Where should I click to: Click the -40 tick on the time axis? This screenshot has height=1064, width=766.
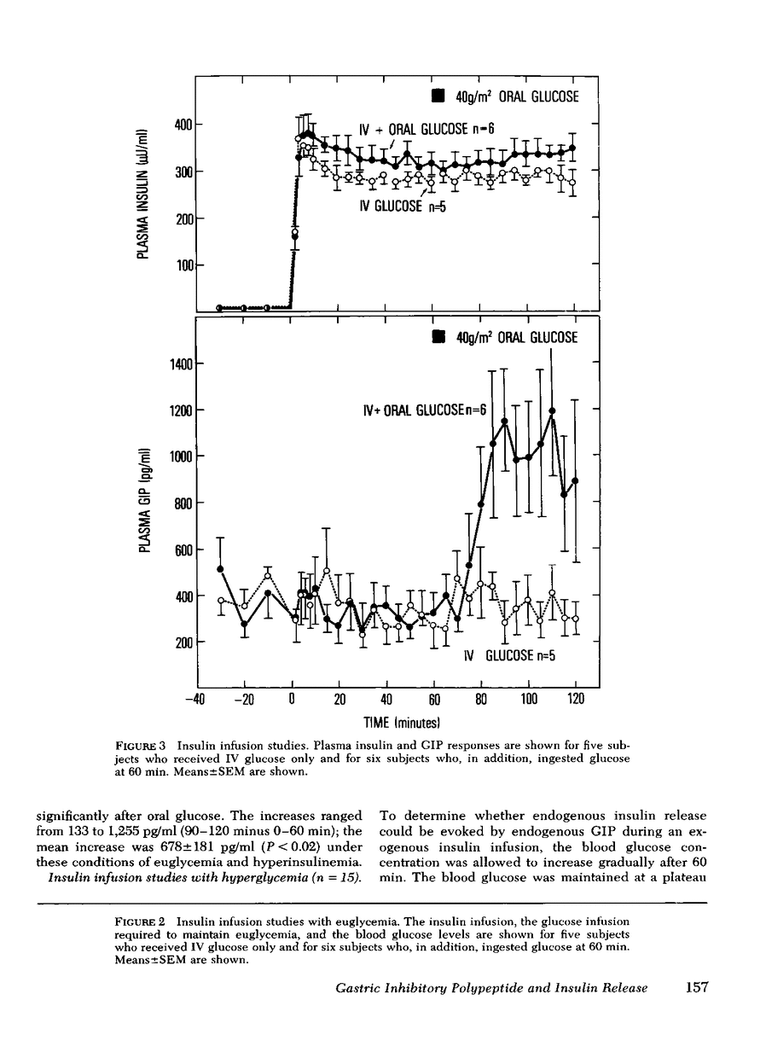pos(197,699)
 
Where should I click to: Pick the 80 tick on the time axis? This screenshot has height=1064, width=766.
pos(481,699)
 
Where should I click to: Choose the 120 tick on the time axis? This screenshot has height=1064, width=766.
pos(576,699)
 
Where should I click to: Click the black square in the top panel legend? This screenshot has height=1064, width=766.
pos(438,96)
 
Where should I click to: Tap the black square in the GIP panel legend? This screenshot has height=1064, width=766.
pos(438,337)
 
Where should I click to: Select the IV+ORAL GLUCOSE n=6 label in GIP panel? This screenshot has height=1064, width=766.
pos(424,410)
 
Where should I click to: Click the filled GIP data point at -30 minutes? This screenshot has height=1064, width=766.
pos(221,568)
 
